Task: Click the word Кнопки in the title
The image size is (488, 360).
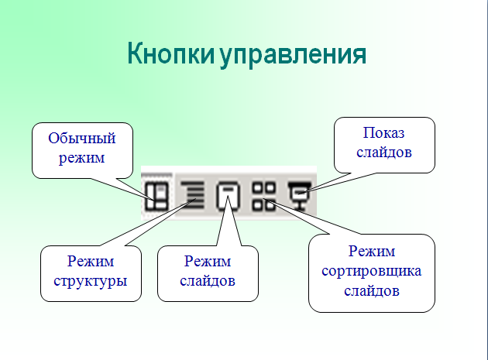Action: point(171,54)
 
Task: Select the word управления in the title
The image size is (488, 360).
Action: point(293,56)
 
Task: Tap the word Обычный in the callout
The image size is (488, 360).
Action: point(82,138)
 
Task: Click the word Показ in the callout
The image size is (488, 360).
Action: point(383,133)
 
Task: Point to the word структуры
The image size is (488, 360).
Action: point(91,281)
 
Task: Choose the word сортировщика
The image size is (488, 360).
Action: point(372,271)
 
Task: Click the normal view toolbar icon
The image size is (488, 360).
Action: point(157,196)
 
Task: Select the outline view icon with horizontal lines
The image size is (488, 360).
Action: point(192,195)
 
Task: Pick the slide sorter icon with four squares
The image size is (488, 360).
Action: point(264,197)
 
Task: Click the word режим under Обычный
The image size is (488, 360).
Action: point(81,158)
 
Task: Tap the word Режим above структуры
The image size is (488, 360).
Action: point(91,261)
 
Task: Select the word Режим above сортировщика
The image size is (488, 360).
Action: point(372,251)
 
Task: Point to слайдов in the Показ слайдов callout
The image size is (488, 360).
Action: point(384,153)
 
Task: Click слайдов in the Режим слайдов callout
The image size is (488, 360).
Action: point(208,281)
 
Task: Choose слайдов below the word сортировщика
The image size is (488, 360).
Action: point(372,291)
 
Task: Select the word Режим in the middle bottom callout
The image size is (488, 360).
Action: point(208,261)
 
